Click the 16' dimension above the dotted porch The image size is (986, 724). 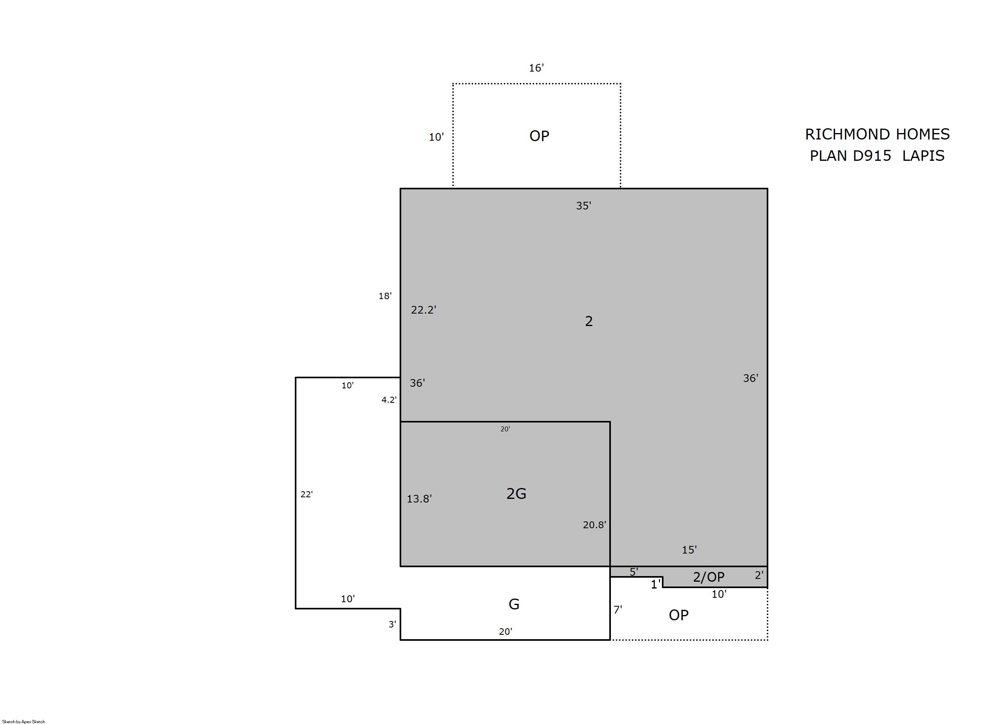(536, 68)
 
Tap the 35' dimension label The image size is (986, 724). (583, 206)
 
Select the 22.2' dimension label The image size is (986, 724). (423, 310)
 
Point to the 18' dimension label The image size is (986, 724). (385, 296)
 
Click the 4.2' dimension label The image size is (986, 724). (389, 400)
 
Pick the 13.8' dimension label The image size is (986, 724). (419, 499)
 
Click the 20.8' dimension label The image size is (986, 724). (594, 525)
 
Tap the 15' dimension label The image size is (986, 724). (689, 550)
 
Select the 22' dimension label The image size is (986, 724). (306, 494)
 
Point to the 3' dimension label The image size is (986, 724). (392, 624)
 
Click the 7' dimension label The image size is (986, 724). (618, 609)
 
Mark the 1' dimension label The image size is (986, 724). (655, 584)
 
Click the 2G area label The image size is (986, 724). (516, 494)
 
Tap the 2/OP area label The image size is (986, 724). (708, 577)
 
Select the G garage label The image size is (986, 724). (514, 604)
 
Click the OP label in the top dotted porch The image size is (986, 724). (539, 136)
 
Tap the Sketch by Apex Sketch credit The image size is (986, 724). (24, 721)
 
